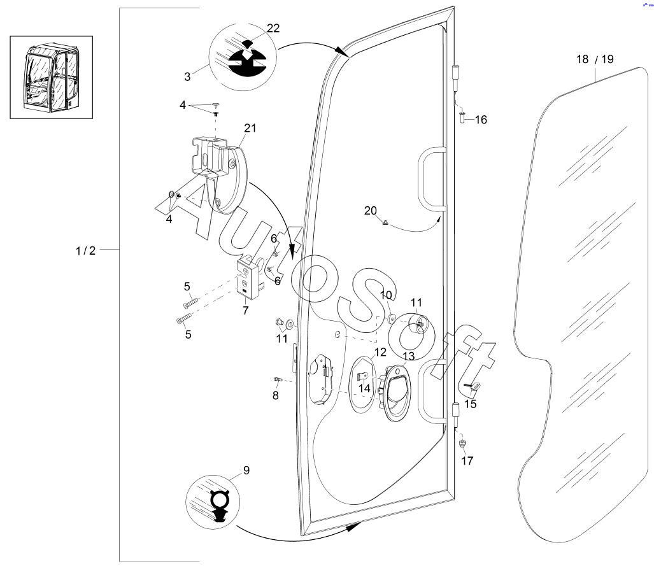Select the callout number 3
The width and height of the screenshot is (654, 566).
187,77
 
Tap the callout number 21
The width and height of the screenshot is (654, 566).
250,128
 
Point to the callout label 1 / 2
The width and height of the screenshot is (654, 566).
85,251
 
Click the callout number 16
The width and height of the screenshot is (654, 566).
481,120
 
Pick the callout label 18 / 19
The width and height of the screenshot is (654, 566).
595,59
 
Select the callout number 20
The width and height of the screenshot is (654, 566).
371,211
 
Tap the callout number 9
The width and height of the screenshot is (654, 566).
246,470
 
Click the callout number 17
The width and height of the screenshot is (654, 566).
467,461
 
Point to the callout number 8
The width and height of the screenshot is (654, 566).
276,395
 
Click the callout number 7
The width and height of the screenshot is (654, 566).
245,311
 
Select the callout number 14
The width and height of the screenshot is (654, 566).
364,388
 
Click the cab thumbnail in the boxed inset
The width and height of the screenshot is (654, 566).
51,77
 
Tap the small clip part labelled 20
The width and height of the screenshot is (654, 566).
386,222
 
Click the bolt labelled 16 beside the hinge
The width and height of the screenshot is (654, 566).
462,117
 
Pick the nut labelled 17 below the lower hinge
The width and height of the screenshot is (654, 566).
463,443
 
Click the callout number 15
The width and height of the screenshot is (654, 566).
471,404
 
